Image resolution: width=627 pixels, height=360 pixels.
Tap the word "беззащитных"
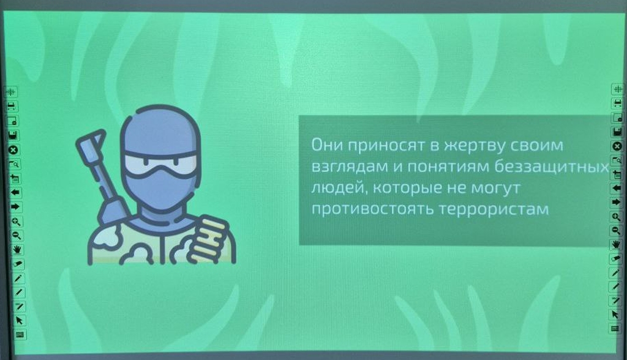[x=552, y=167]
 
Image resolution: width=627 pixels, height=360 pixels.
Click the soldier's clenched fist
[x=208, y=239]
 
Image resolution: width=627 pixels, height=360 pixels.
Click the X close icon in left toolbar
[x=13, y=150]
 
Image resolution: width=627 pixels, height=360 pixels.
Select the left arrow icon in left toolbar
[x=15, y=192]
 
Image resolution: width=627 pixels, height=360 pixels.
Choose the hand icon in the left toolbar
[x=17, y=250]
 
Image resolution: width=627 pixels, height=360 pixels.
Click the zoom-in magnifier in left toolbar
[x=16, y=221]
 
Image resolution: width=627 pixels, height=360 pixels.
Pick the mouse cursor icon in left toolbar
[x=19, y=320]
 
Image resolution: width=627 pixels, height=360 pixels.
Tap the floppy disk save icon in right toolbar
[x=617, y=132]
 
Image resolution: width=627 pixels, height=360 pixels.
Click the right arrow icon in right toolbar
[x=616, y=202]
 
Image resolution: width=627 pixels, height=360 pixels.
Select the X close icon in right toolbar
[x=617, y=146]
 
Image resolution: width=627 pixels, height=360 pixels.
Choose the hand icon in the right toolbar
[x=616, y=244]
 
